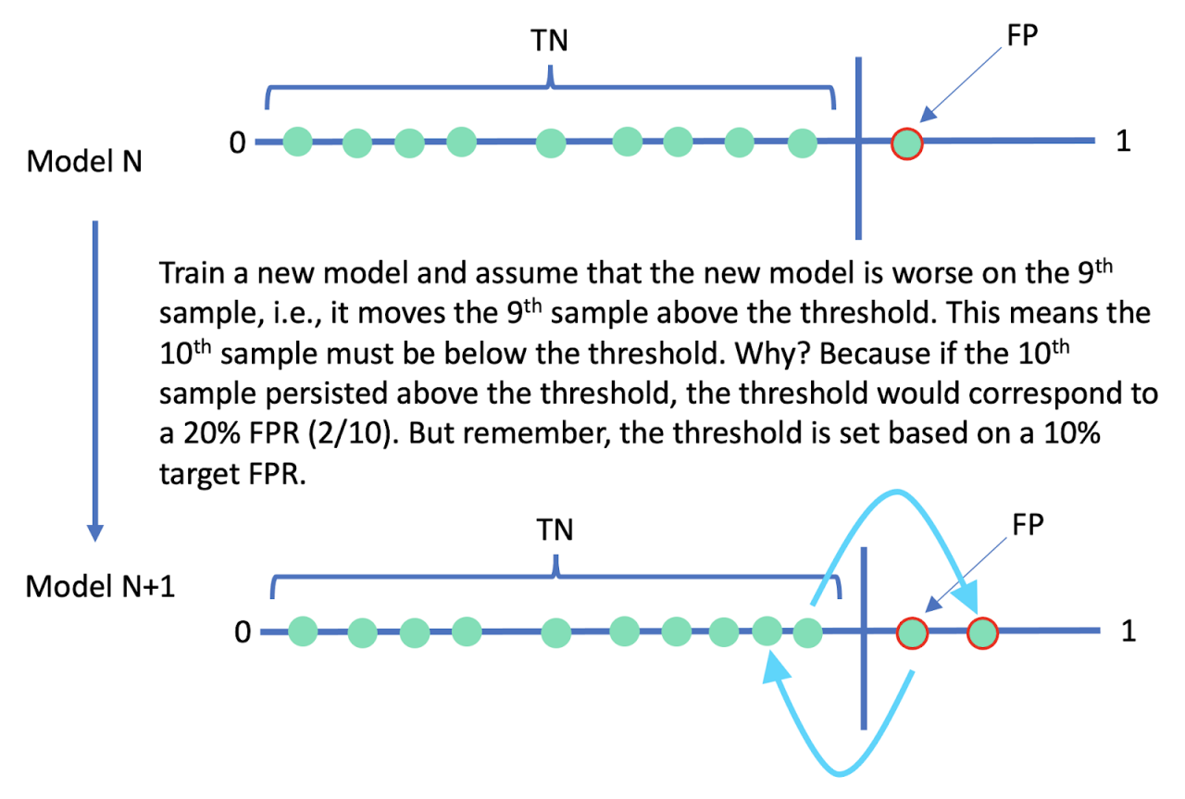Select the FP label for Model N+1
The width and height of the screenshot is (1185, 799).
click(x=1027, y=525)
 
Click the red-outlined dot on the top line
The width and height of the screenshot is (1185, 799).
click(x=906, y=144)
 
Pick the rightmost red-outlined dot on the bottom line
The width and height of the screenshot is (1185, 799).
click(x=981, y=634)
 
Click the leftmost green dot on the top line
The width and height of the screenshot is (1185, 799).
click(x=297, y=142)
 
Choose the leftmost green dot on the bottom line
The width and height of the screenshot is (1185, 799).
click(x=303, y=633)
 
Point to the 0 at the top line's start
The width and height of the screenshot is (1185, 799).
click(x=237, y=144)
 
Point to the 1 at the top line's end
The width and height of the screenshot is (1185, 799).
click(x=1123, y=144)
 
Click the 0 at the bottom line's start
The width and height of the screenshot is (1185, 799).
click(x=243, y=633)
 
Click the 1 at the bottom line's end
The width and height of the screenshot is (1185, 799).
click(x=1128, y=633)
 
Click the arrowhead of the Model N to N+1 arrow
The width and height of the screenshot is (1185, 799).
click(x=94, y=532)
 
